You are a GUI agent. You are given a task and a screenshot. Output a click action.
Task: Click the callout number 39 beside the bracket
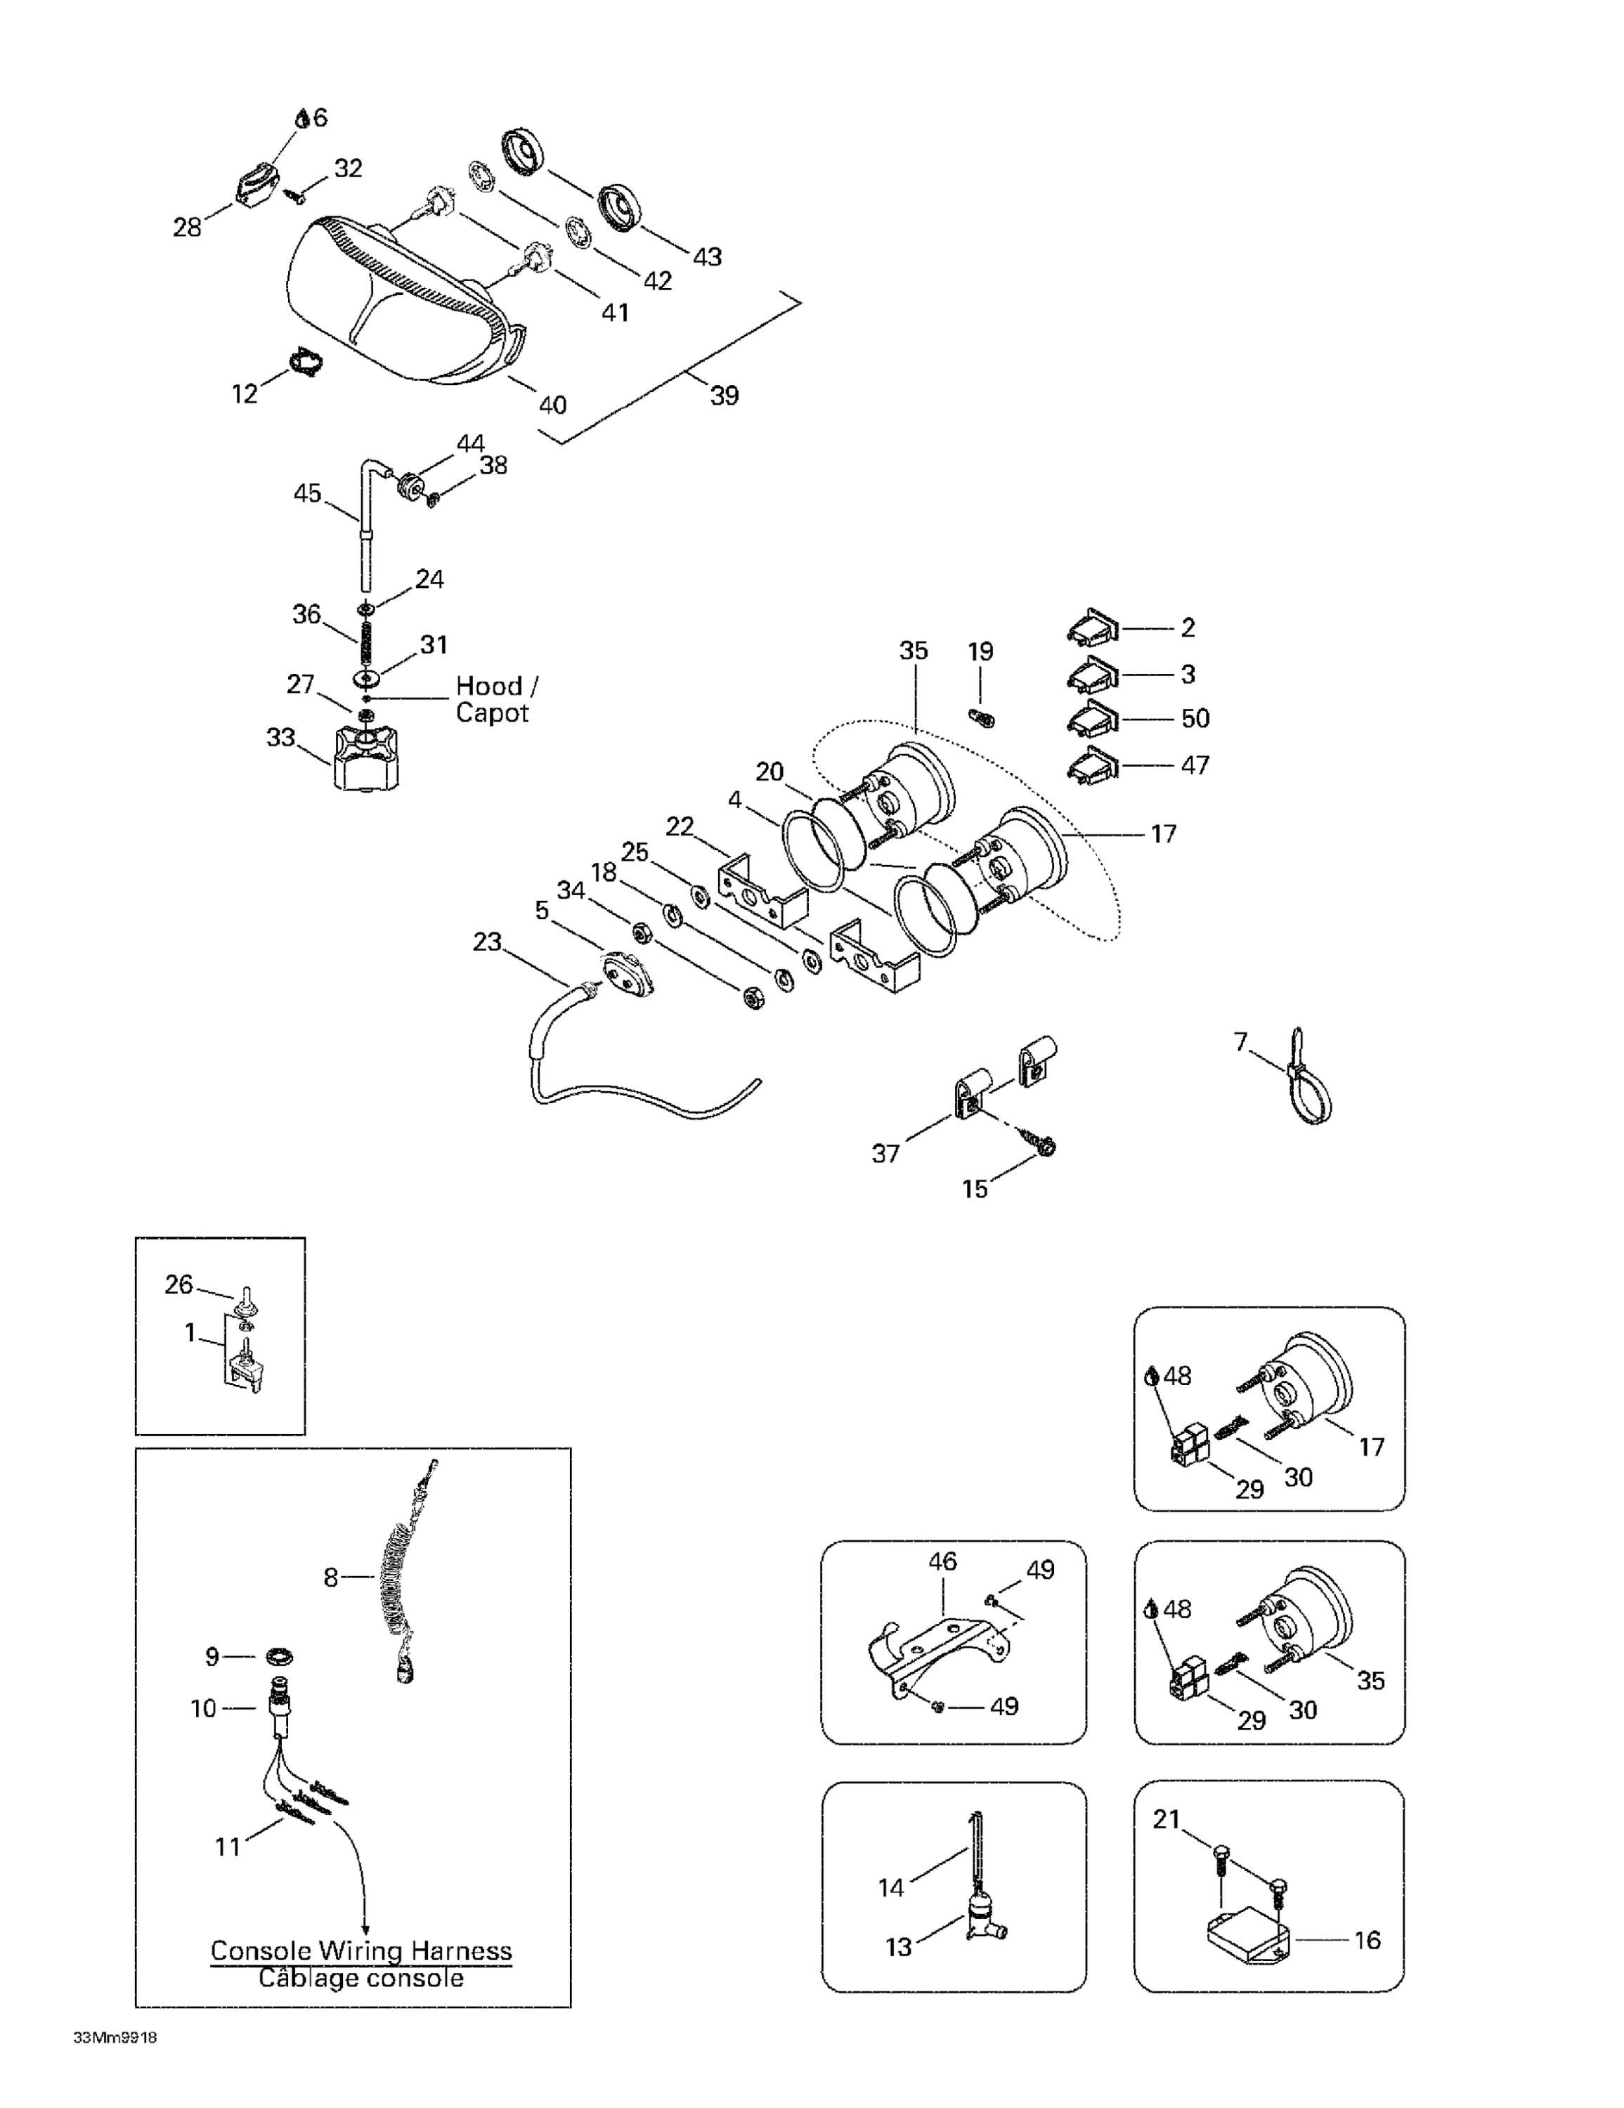[x=724, y=395]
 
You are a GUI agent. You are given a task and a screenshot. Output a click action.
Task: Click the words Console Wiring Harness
[x=361, y=1950]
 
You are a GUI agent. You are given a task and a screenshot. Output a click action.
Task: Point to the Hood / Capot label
[x=496, y=699]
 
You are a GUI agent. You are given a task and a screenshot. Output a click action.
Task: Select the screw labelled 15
[x=1046, y=1144]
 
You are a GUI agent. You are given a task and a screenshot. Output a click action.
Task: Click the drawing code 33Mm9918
[x=115, y=2038]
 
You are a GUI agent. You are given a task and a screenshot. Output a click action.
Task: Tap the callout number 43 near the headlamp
[x=707, y=256]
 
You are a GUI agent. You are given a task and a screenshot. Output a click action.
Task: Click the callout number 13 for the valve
[x=898, y=1947]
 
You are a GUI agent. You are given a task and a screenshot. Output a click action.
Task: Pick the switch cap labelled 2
[x=1092, y=628]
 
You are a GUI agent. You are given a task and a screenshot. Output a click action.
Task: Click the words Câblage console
[x=361, y=1978]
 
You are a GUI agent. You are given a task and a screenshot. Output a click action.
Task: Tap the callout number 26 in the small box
[x=178, y=1284]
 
